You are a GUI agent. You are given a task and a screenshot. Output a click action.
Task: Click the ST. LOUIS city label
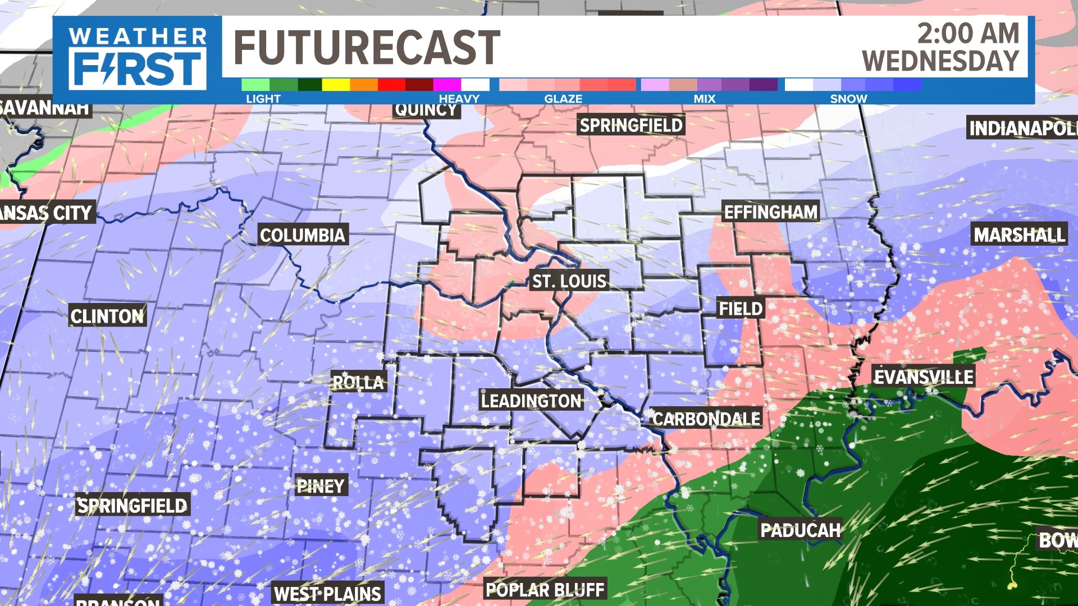(x=569, y=281)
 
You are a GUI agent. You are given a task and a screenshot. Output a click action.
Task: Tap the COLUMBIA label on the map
(x=302, y=235)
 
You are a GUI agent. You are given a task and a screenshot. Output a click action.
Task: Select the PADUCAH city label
(x=800, y=530)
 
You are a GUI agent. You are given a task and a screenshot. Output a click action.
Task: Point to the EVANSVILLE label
(x=924, y=377)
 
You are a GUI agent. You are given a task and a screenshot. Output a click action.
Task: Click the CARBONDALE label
(x=706, y=419)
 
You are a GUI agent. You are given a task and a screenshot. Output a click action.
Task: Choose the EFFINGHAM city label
(x=770, y=212)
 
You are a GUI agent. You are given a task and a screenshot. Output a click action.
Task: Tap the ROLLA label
(x=358, y=383)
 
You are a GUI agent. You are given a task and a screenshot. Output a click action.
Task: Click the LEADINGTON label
(x=531, y=401)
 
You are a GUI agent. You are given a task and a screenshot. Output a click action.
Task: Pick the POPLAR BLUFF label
(x=545, y=590)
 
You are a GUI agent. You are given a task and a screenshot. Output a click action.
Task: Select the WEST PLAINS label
(x=327, y=594)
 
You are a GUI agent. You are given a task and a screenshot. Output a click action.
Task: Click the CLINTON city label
(x=107, y=316)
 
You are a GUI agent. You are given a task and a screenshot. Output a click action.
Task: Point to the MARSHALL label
(x=1019, y=235)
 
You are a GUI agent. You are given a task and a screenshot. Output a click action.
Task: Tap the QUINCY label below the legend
(x=426, y=110)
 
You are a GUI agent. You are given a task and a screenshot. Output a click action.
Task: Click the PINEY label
(x=321, y=486)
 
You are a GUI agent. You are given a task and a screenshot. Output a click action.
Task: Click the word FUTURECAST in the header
(x=366, y=48)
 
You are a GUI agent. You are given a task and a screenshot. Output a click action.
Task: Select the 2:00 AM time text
(x=968, y=34)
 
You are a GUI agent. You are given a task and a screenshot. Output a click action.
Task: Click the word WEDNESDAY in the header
(x=940, y=61)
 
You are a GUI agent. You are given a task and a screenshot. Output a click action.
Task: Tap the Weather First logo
(x=137, y=59)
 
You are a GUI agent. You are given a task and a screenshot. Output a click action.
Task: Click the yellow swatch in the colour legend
(x=336, y=85)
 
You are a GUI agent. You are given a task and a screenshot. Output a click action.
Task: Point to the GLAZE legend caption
(x=563, y=99)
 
